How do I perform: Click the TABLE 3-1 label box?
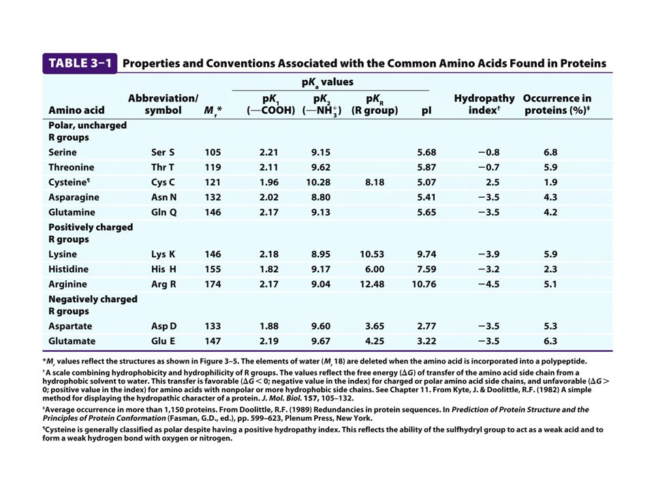pos(80,63)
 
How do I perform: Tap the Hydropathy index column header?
pos(480,104)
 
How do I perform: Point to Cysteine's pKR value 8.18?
pos(374,182)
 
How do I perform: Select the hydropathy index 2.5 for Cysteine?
pos(484,182)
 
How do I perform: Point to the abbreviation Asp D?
pos(163,326)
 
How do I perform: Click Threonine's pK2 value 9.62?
pos(321,167)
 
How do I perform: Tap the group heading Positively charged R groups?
pos(91,233)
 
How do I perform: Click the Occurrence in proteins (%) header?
pos(557,104)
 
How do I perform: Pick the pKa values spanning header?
pos(332,81)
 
